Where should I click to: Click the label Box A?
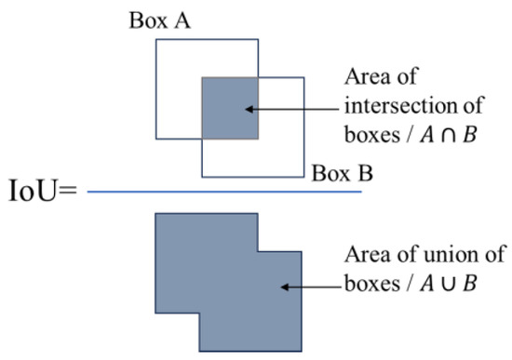[160, 20]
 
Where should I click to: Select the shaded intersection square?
[230, 109]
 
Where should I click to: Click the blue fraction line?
[223, 193]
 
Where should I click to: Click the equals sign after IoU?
[72, 193]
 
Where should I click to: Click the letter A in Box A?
[183, 20]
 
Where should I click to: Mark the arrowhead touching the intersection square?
[249, 110]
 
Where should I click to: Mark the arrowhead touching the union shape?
[283, 287]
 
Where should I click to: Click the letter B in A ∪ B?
[468, 280]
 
